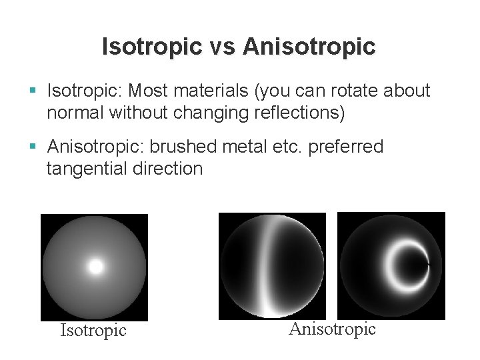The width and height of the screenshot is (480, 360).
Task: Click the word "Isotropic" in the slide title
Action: tap(151, 47)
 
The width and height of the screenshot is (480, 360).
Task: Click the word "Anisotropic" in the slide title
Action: tap(309, 47)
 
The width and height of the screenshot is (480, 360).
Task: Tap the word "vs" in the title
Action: tap(221, 47)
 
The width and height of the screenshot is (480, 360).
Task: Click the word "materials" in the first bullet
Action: tap(215, 91)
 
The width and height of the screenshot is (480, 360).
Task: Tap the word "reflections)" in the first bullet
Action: tap(300, 113)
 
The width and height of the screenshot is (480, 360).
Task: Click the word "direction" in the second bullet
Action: tap(171, 169)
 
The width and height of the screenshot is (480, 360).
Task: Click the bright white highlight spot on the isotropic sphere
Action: tap(96, 267)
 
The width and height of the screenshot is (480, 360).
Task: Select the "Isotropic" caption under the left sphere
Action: tap(93, 331)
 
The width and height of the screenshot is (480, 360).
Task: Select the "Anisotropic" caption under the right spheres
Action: tap(332, 329)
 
